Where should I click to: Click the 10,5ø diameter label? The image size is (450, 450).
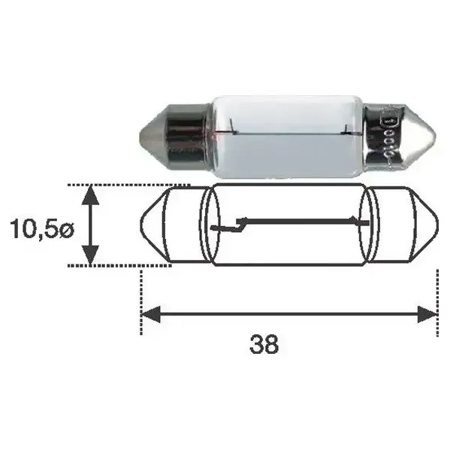(42, 228)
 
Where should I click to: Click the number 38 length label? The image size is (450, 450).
(264, 344)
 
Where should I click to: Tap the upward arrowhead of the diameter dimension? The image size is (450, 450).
(90, 195)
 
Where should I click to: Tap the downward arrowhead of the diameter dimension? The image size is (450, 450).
(90, 255)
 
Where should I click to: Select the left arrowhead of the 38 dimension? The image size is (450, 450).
(151, 314)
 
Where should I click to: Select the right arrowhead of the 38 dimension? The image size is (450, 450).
(427, 314)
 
